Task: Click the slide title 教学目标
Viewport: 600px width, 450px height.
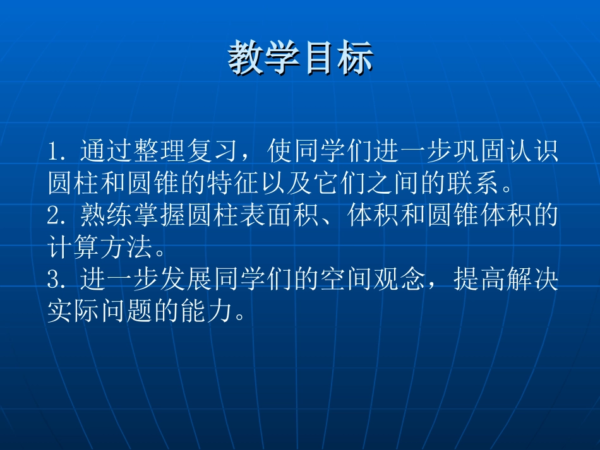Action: pos(300,60)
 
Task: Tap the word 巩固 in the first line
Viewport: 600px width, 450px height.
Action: pos(479,152)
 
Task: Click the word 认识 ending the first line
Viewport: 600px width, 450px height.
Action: pos(532,152)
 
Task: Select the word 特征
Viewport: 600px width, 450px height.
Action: pos(234,184)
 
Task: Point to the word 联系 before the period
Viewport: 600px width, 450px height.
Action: pos(473,184)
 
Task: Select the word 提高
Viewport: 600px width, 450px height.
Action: pos(479,280)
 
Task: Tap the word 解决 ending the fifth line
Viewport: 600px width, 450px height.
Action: pos(532,280)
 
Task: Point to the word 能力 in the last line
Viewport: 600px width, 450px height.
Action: pos(207,312)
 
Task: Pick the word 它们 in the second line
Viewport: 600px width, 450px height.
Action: pos(340,184)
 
